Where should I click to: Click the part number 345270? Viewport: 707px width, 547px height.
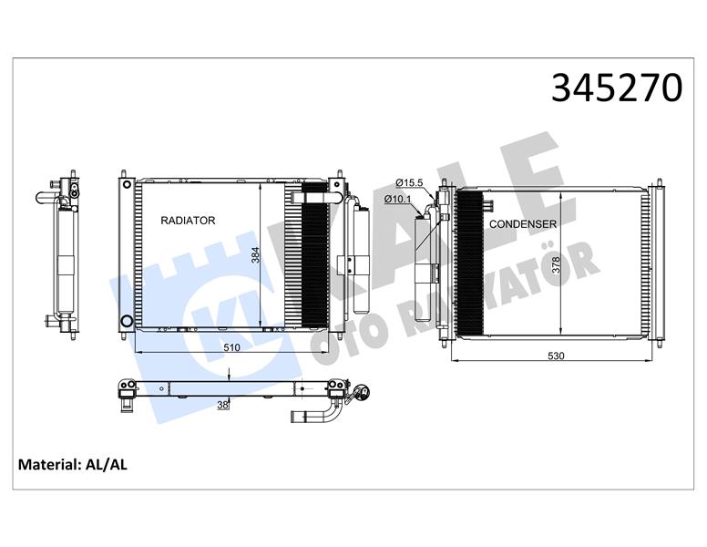coord(617,88)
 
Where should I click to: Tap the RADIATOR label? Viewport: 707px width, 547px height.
coord(188,221)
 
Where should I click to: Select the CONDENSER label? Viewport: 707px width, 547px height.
coord(523,223)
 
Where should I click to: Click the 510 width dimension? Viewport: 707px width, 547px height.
coord(231,347)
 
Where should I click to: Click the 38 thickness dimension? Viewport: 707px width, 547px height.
coord(221,406)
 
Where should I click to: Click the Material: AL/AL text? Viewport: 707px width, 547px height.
coord(73,465)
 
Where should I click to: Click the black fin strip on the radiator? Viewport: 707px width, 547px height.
coord(313,255)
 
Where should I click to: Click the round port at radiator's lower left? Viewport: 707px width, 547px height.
coord(126,321)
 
